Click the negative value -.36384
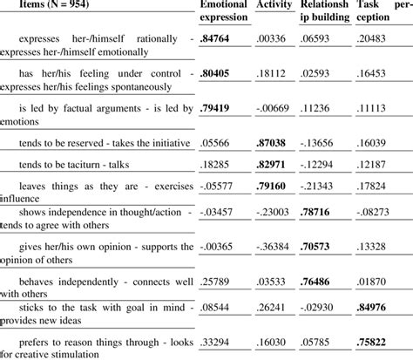click(x=275, y=247)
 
